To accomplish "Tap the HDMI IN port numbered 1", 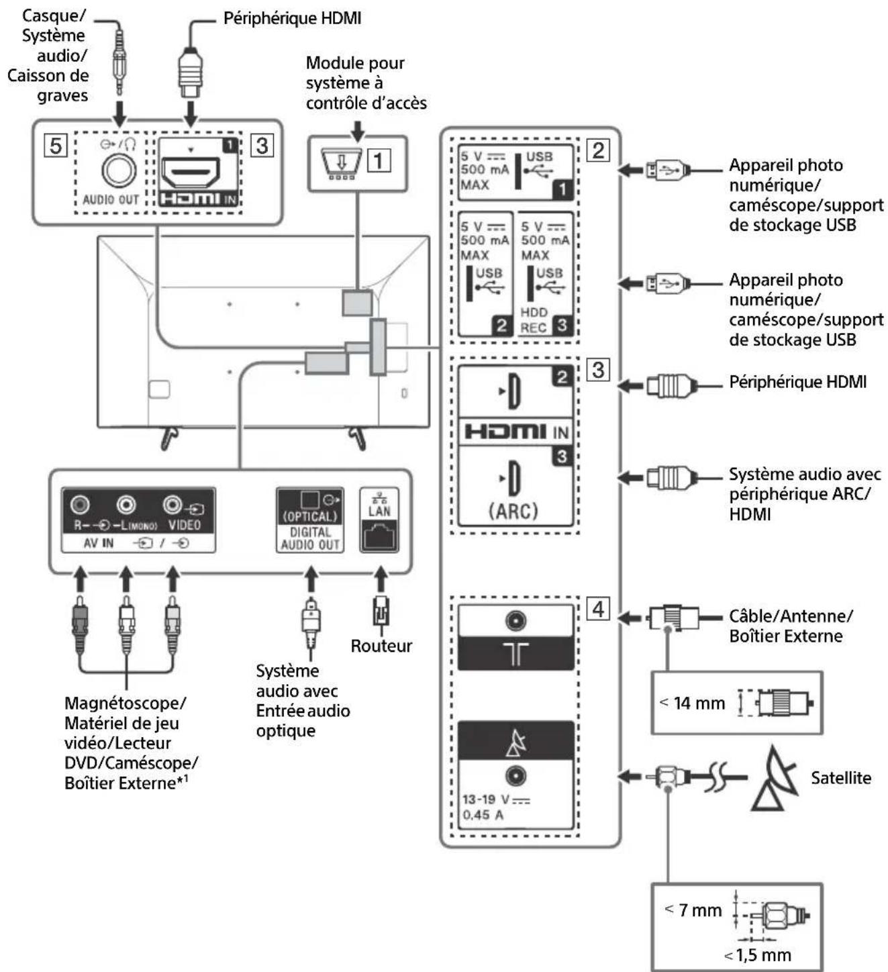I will pos(191,173).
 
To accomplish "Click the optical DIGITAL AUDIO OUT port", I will pos(309,500).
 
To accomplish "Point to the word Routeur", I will pos(381,646).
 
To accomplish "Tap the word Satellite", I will pos(840,778).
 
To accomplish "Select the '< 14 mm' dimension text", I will pos(692,703).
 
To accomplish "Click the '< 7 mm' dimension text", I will pos(693,910).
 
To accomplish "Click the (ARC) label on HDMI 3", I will pos(513,511).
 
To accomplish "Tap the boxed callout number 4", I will pos(598,609).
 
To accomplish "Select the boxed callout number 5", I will pos(56,146).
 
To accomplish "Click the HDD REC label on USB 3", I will pos(534,320).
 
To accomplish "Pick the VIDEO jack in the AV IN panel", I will pos(173,503).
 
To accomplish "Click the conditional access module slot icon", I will pos(337,163).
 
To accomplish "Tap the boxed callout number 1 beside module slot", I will pos(379,160).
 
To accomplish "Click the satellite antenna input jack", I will pos(515,776).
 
